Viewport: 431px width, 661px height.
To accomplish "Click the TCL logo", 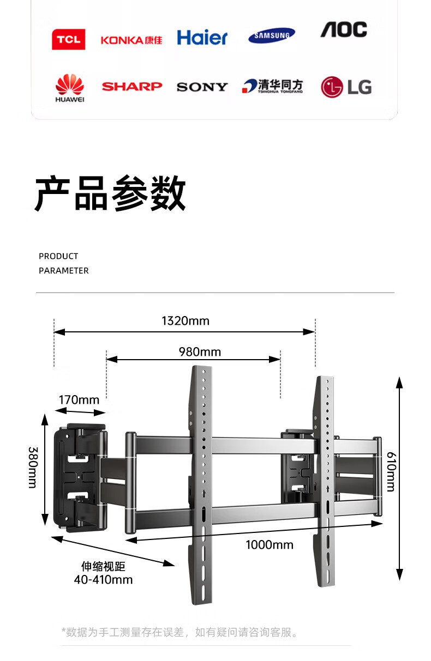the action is (x=68, y=39).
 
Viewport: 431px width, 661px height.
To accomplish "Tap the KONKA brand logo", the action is (x=131, y=40).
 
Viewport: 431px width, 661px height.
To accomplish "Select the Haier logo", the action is (x=202, y=38).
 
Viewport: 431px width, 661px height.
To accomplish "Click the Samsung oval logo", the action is (x=272, y=36).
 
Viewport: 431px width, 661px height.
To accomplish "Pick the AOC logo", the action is (x=344, y=29).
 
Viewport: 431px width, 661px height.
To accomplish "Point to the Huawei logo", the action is (x=70, y=88).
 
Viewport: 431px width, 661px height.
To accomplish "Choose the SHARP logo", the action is (x=132, y=86).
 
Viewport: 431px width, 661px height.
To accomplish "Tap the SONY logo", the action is (x=202, y=87).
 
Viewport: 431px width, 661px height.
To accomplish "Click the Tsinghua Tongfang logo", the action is (x=272, y=86).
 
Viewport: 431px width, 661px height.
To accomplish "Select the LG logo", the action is (x=346, y=87).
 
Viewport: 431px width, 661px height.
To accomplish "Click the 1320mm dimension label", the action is (x=185, y=321).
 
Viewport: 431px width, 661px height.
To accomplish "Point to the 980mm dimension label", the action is (x=200, y=352).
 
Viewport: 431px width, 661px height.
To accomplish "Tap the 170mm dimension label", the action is (x=79, y=400).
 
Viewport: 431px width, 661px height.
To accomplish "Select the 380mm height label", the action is (x=32, y=467).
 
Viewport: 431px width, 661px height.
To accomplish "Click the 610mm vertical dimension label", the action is (x=391, y=471).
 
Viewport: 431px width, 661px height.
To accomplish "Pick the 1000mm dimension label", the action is (x=270, y=545).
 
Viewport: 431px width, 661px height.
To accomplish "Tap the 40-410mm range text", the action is (x=104, y=579).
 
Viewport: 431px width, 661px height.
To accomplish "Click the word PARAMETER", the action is (x=63, y=270).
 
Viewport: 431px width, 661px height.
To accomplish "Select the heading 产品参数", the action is (x=111, y=194).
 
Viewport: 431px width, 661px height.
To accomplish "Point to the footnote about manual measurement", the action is (x=181, y=633).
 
